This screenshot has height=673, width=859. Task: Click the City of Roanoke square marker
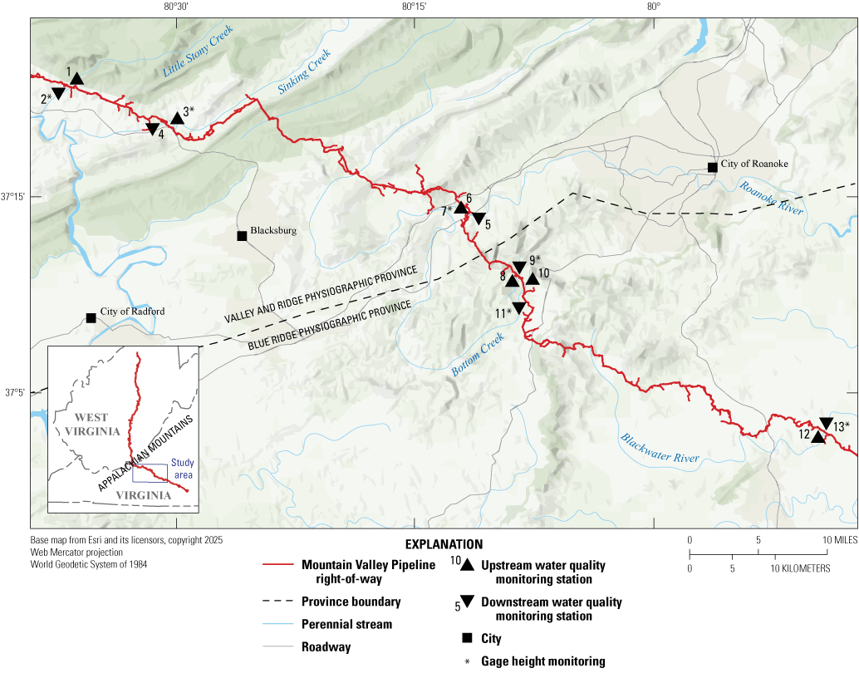(x=712, y=168)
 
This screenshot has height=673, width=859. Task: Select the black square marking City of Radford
(x=91, y=318)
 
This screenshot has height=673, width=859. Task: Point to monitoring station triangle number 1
(x=76, y=80)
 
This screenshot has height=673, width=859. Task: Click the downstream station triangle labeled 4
(x=153, y=129)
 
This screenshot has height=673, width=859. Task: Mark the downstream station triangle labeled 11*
(x=518, y=307)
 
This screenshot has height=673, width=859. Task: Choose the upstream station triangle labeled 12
(x=817, y=437)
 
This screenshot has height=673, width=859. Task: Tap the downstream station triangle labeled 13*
(x=826, y=423)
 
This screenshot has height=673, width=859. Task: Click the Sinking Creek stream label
(x=304, y=71)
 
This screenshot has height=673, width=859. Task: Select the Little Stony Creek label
(x=198, y=52)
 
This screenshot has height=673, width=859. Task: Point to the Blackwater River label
(x=660, y=449)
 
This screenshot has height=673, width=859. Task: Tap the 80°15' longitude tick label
(x=414, y=7)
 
